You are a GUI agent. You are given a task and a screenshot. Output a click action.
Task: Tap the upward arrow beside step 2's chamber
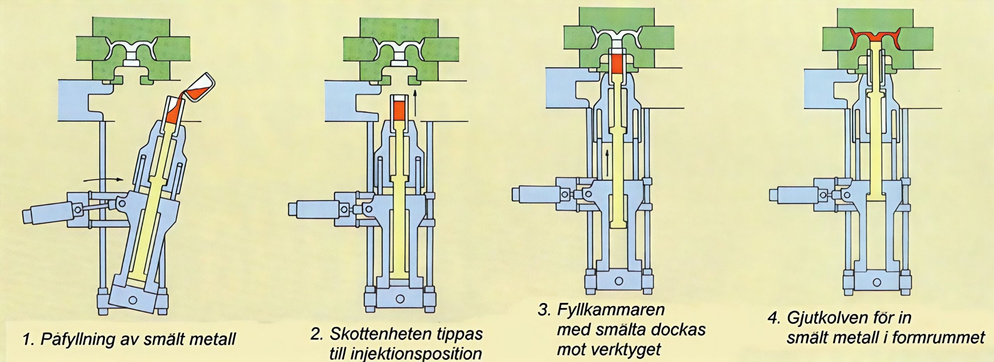415,103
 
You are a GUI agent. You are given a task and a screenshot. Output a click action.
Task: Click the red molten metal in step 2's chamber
399,110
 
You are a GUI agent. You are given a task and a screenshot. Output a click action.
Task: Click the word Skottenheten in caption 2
373,334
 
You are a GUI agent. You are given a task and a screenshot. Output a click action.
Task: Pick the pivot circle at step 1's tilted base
133,300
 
